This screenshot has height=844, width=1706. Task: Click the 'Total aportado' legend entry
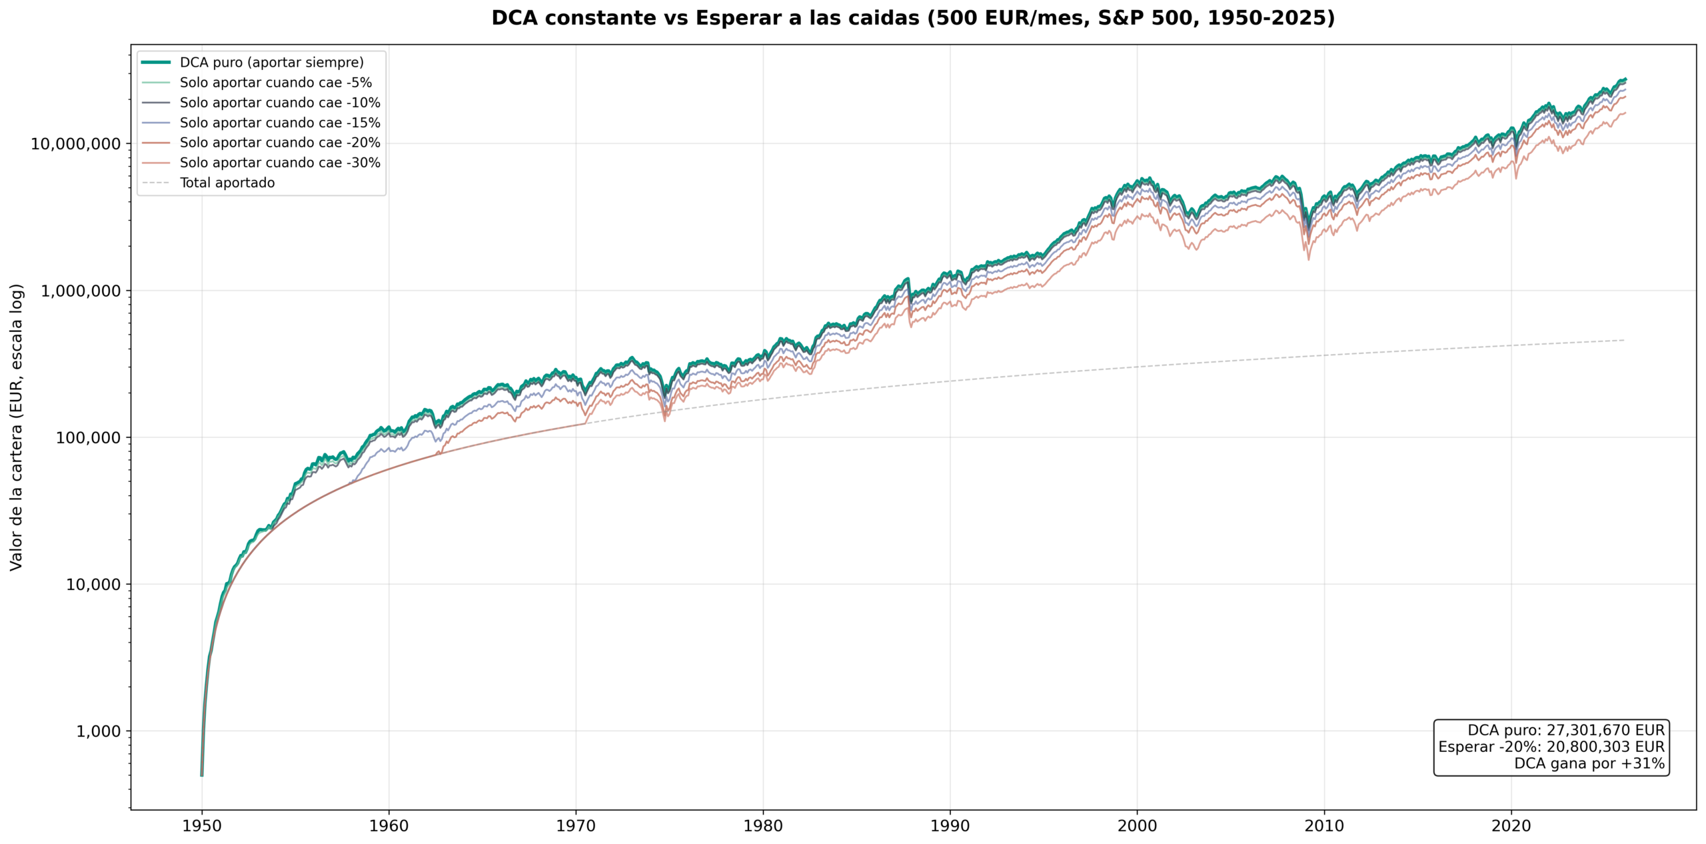tap(227, 183)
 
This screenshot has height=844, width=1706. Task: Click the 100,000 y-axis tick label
tap(88, 438)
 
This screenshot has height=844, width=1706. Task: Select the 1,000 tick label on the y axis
tap(98, 731)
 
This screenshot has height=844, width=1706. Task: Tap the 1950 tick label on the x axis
tap(202, 826)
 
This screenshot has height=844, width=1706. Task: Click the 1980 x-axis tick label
tap(763, 826)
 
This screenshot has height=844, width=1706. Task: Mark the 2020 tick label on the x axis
tap(1511, 826)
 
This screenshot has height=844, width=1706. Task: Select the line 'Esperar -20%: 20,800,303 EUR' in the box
tap(1551, 747)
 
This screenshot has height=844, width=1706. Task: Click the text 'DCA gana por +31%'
tap(1589, 763)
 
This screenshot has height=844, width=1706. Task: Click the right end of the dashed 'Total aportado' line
tap(1623, 340)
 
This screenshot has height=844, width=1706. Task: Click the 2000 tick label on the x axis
tap(1137, 826)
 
